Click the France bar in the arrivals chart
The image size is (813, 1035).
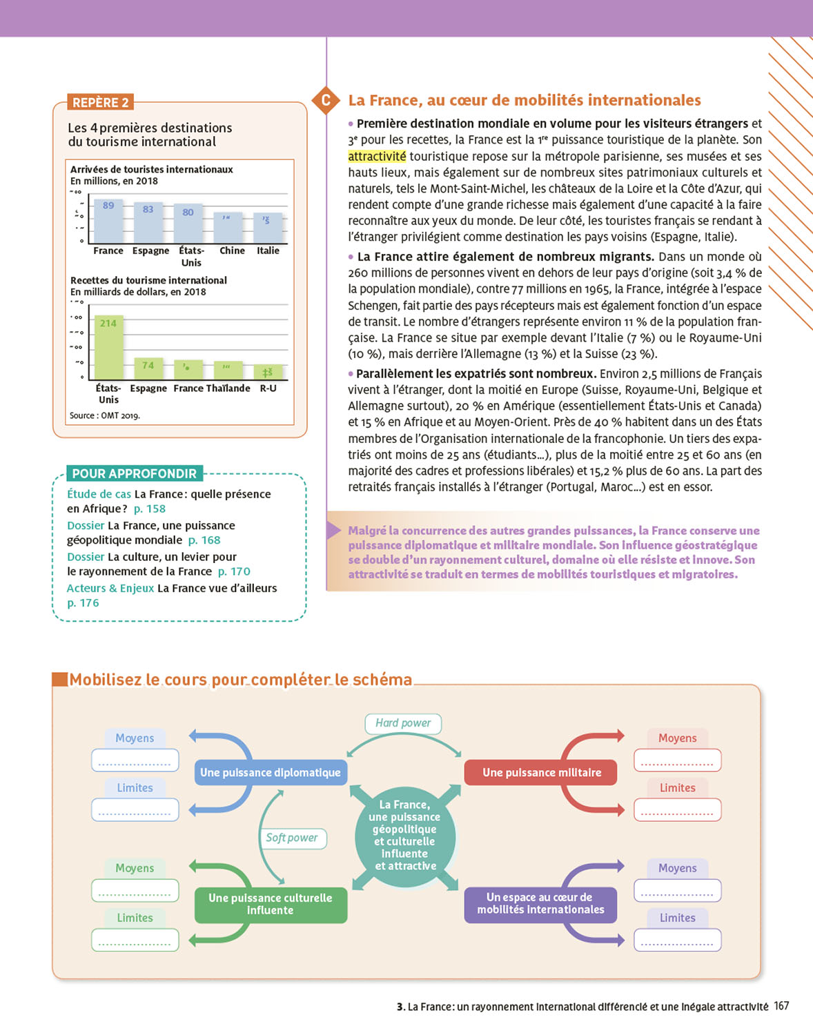pos(108,221)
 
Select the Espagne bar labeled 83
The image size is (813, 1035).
pos(148,222)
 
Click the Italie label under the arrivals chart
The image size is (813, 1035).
pos(268,250)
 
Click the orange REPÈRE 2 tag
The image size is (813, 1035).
pos(100,103)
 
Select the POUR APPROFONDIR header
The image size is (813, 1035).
pos(135,473)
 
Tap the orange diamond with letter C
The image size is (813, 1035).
pos(326,101)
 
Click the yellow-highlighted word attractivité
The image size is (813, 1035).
pos(377,157)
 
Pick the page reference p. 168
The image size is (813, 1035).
pos(204,540)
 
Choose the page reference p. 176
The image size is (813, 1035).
pos(83,603)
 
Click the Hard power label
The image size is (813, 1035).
pos(403,723)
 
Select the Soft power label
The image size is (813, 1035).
pos(292,838)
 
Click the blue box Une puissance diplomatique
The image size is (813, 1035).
pos(271,773)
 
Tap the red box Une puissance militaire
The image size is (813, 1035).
pos(541,773)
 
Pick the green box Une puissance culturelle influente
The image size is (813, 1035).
pos(271,905)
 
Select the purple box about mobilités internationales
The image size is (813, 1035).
pos(540,904)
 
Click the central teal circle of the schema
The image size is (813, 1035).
pos(405,836)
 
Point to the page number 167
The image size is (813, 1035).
pos(781,1006)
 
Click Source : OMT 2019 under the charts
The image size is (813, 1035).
pos(105,415)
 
